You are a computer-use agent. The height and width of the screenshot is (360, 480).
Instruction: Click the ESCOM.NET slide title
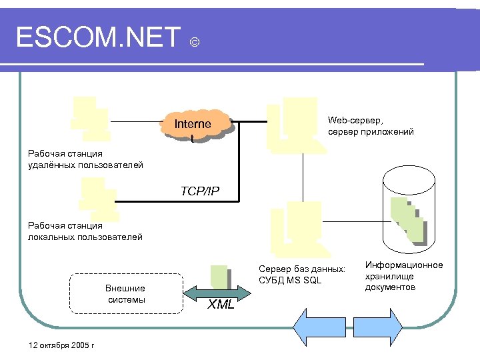click(98, 37)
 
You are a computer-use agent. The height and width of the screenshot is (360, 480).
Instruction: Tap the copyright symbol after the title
click(194, 43)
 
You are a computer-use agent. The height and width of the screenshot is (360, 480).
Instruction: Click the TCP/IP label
click(199, 191)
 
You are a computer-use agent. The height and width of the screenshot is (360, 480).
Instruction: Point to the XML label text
click(221, 305)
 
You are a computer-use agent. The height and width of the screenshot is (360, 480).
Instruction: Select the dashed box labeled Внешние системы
click(126, 293)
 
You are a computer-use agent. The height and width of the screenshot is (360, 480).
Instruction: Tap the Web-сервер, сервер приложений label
click(370, 126)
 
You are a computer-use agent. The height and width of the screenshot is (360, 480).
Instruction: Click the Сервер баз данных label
click(303, 274)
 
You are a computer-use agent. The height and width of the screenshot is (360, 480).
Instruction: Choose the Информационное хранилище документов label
click(403, 276)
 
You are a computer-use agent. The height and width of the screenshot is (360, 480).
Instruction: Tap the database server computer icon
click(295, 229)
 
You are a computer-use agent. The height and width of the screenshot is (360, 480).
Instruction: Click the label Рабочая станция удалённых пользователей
click(85, 159)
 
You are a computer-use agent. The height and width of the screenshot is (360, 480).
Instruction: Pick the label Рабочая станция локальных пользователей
click(85, 231)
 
